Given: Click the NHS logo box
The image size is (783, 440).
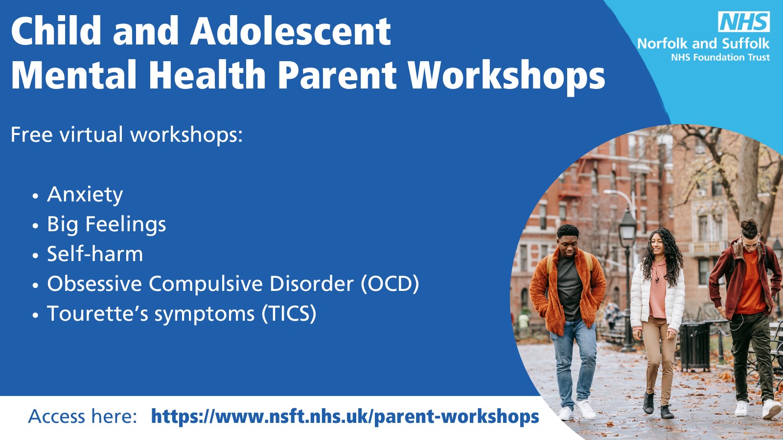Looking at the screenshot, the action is pyautogui.click(x=744, y=22).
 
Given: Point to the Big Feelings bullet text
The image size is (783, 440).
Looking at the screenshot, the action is pyautogui.click(x=107, y=224).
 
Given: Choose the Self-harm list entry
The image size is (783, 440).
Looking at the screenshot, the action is pyautogui.click(x=95, y=254).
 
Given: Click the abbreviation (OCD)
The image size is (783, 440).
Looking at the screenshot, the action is pyautogui.click(x=390, y=284).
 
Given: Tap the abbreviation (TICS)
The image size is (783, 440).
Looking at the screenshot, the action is pyautogui.click(x=289, y=313).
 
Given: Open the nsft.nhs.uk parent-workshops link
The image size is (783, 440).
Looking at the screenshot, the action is pyautogui.click(x=345, y=417).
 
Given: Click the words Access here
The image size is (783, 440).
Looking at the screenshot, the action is pyautogui.click(x=83, y=417).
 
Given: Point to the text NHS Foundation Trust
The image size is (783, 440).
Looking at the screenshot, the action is pyautogui.click(x=720, y=57).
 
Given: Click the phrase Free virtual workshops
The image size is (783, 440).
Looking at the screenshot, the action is pyautogui.click(x=127, y=134).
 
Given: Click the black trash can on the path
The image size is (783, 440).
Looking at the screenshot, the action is pyautogui.click(x=695, y=346).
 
